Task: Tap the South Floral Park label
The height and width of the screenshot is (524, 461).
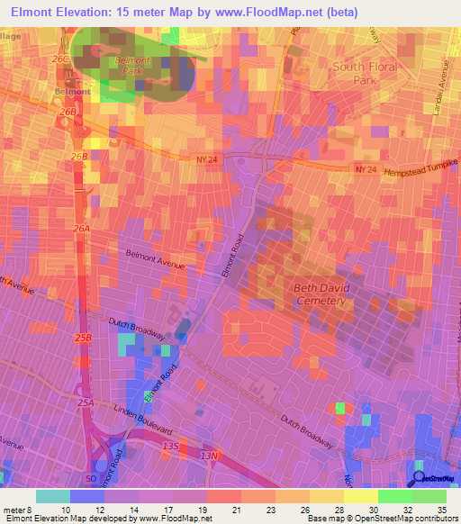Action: click(365, 73)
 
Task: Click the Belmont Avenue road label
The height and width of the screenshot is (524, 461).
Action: click(155, 260)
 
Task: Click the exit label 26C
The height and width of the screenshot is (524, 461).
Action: click(60, 59)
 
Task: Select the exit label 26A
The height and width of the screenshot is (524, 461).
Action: click(82, 230)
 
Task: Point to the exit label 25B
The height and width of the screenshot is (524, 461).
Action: click(84, 338)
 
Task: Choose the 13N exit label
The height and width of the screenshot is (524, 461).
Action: click(209, 456)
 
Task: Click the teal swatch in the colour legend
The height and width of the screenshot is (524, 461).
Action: click(53, 496)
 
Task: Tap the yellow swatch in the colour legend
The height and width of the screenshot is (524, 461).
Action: click(361, 496)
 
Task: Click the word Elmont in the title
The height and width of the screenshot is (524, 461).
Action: click(36, 13)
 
